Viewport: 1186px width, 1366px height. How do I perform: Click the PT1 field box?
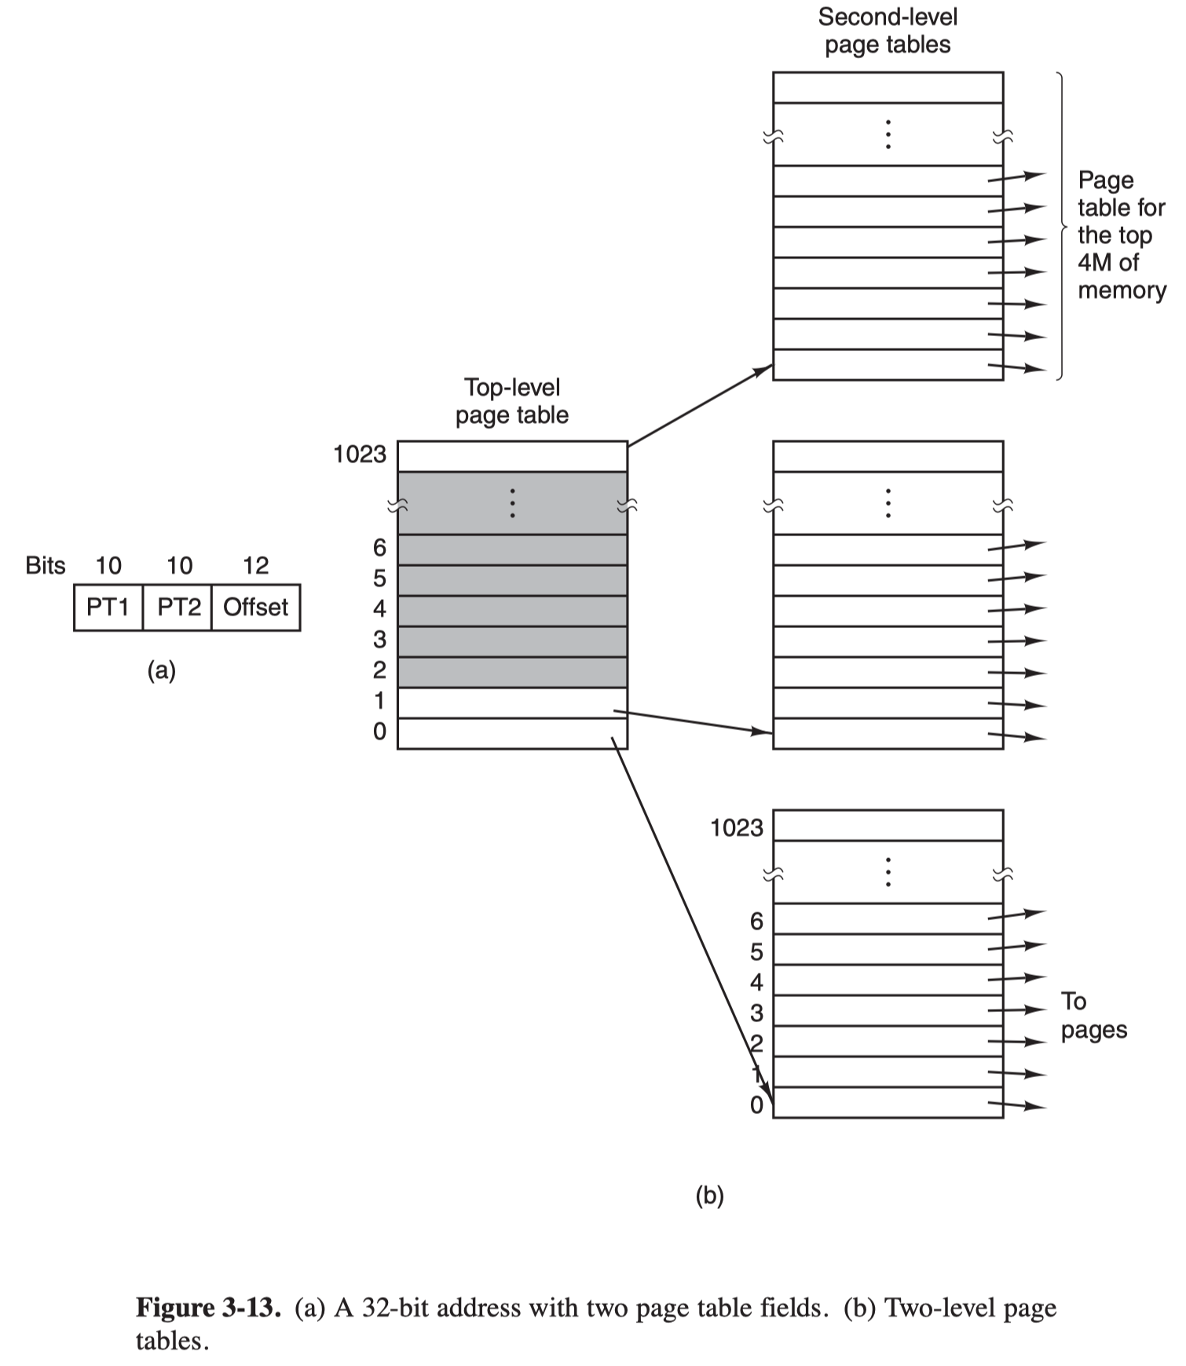pos(108,607)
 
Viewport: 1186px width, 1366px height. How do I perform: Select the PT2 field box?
pos(178,607)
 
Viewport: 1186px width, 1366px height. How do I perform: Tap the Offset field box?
pos(256,607)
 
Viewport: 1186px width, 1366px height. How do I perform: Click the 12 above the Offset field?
pos(256,565)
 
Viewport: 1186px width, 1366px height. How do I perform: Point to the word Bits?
pos(46,565)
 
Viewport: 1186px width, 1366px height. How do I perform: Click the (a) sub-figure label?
pos(162,670)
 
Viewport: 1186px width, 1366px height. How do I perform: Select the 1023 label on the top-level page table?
pos(360,454)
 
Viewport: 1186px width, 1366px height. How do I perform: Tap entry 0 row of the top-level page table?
pos(512,733)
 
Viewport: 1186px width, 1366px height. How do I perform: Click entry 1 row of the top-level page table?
pos(512,703)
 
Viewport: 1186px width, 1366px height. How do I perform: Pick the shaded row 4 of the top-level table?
pos(512,611)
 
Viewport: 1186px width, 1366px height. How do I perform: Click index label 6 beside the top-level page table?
pos(379,547)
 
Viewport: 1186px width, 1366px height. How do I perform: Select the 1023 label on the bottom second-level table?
pos(737,827)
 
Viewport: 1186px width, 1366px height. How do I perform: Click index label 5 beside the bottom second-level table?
pos(756,951)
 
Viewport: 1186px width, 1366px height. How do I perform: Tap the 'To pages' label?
pos(1094,1015)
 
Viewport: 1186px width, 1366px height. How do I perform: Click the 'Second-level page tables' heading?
pos(888,31)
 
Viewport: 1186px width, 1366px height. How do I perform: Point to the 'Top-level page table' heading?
pos(512,400)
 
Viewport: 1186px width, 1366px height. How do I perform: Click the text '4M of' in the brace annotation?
pos(1108,262)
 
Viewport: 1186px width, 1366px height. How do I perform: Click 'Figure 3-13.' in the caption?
pos(208,1308)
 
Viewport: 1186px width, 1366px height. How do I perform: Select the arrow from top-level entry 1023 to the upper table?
pos(701,405)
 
